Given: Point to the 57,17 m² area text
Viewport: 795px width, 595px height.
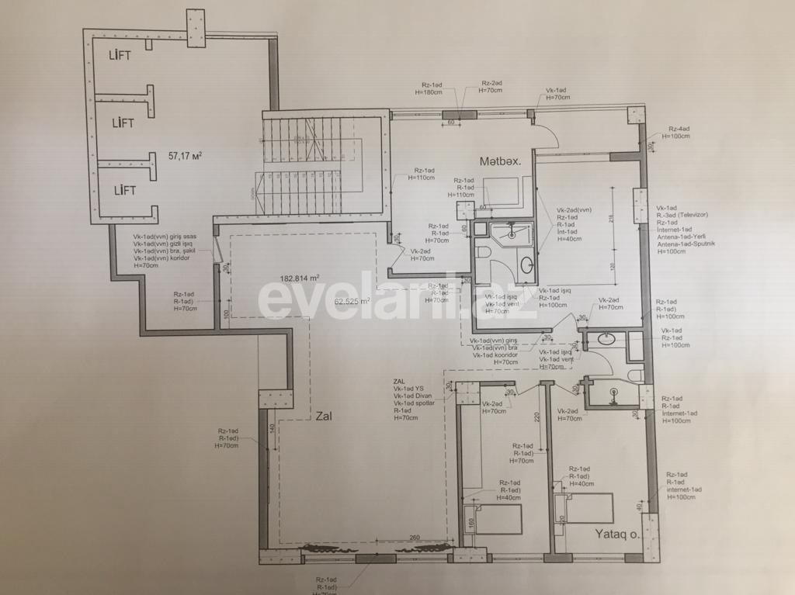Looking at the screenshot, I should tap(186, 155).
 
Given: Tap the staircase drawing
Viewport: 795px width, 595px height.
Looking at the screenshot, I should tap(311, 164).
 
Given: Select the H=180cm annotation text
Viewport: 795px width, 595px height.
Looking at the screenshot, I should tap(429, 92).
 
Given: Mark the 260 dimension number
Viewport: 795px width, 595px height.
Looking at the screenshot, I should tap(414, 538).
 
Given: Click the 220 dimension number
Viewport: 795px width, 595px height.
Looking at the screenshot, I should tap(535, 416).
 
